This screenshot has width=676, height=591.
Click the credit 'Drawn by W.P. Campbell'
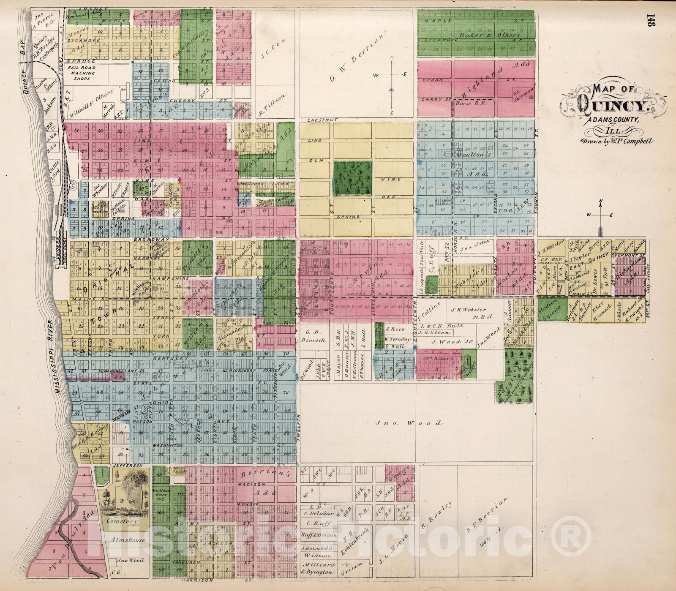pyautogui.click(x=617, y=142)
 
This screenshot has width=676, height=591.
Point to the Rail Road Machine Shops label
pyautogui.click(x=82, y=73)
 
